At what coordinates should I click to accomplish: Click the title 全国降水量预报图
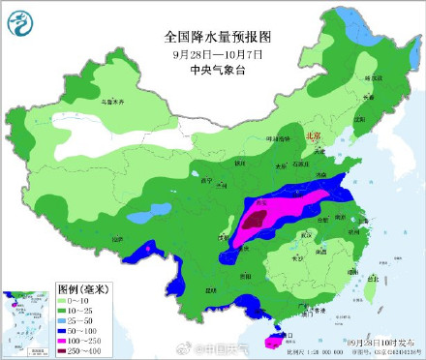point(218,36)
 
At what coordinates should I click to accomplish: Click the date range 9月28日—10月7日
point(218,53)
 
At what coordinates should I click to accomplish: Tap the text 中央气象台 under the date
point(218,69)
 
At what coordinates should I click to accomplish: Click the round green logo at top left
point(20,20)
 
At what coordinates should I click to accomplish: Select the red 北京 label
point(313,137)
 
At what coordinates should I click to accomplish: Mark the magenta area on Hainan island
point(270,340)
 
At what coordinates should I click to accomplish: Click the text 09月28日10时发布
point(374,343)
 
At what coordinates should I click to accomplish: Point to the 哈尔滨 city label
point(369,76)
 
